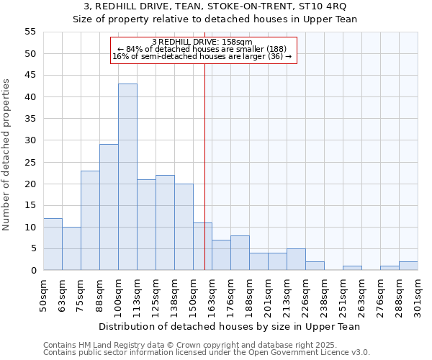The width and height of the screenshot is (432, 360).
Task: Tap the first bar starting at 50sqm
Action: pyautogui.click(x=53, y=244)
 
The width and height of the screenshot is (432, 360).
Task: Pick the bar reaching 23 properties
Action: pyautogui.click(x=90, y=220)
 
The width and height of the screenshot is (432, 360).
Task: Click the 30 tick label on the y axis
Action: pyautogui.click(x=30, y=140)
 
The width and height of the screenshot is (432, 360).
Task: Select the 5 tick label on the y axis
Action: pyautogui.click(x=33, y=248)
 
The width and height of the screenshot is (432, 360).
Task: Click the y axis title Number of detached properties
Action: pyautogui.click(x=6, y=155)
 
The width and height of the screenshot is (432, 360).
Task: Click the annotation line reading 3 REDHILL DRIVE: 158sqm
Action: pyautogui.click(x=202, y=42)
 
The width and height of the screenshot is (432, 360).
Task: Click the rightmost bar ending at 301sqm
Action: pyautogui.click(x=408, y=266)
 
